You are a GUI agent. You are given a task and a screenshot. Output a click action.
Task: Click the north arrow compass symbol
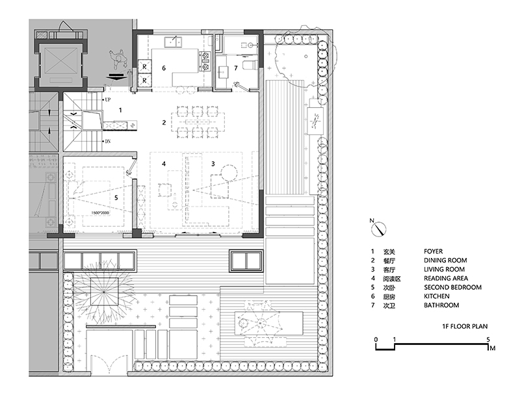(378, 229)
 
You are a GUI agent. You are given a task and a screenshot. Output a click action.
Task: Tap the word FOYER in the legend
(433, 251)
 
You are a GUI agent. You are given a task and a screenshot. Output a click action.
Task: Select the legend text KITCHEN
(437, 296)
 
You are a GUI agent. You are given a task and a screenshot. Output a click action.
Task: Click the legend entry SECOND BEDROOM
(452, 287)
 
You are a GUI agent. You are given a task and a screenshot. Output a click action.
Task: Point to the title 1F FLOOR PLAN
(465, 326)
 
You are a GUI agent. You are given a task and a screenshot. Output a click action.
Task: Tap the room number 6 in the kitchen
(164, 68)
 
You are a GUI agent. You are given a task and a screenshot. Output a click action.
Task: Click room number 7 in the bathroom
(236, 68)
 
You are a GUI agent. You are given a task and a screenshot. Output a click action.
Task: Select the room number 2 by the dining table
(164, 123)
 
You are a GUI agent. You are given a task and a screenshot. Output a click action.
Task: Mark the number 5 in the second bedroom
(116, 198)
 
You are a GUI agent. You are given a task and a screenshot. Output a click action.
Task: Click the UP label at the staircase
(108, 99)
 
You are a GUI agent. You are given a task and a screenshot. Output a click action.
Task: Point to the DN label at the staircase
(108, 142)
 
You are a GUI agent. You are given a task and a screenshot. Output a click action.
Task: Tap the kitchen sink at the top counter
(173, 42)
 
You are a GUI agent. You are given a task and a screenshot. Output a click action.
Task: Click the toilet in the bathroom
(250, 64)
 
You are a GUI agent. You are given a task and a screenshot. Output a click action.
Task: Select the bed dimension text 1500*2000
(100, 212)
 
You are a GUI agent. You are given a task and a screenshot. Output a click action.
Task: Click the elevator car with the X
(60, 61)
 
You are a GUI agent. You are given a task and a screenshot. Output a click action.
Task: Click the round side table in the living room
(229, 173)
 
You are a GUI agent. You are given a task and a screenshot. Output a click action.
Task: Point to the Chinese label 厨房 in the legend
(389, 297)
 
